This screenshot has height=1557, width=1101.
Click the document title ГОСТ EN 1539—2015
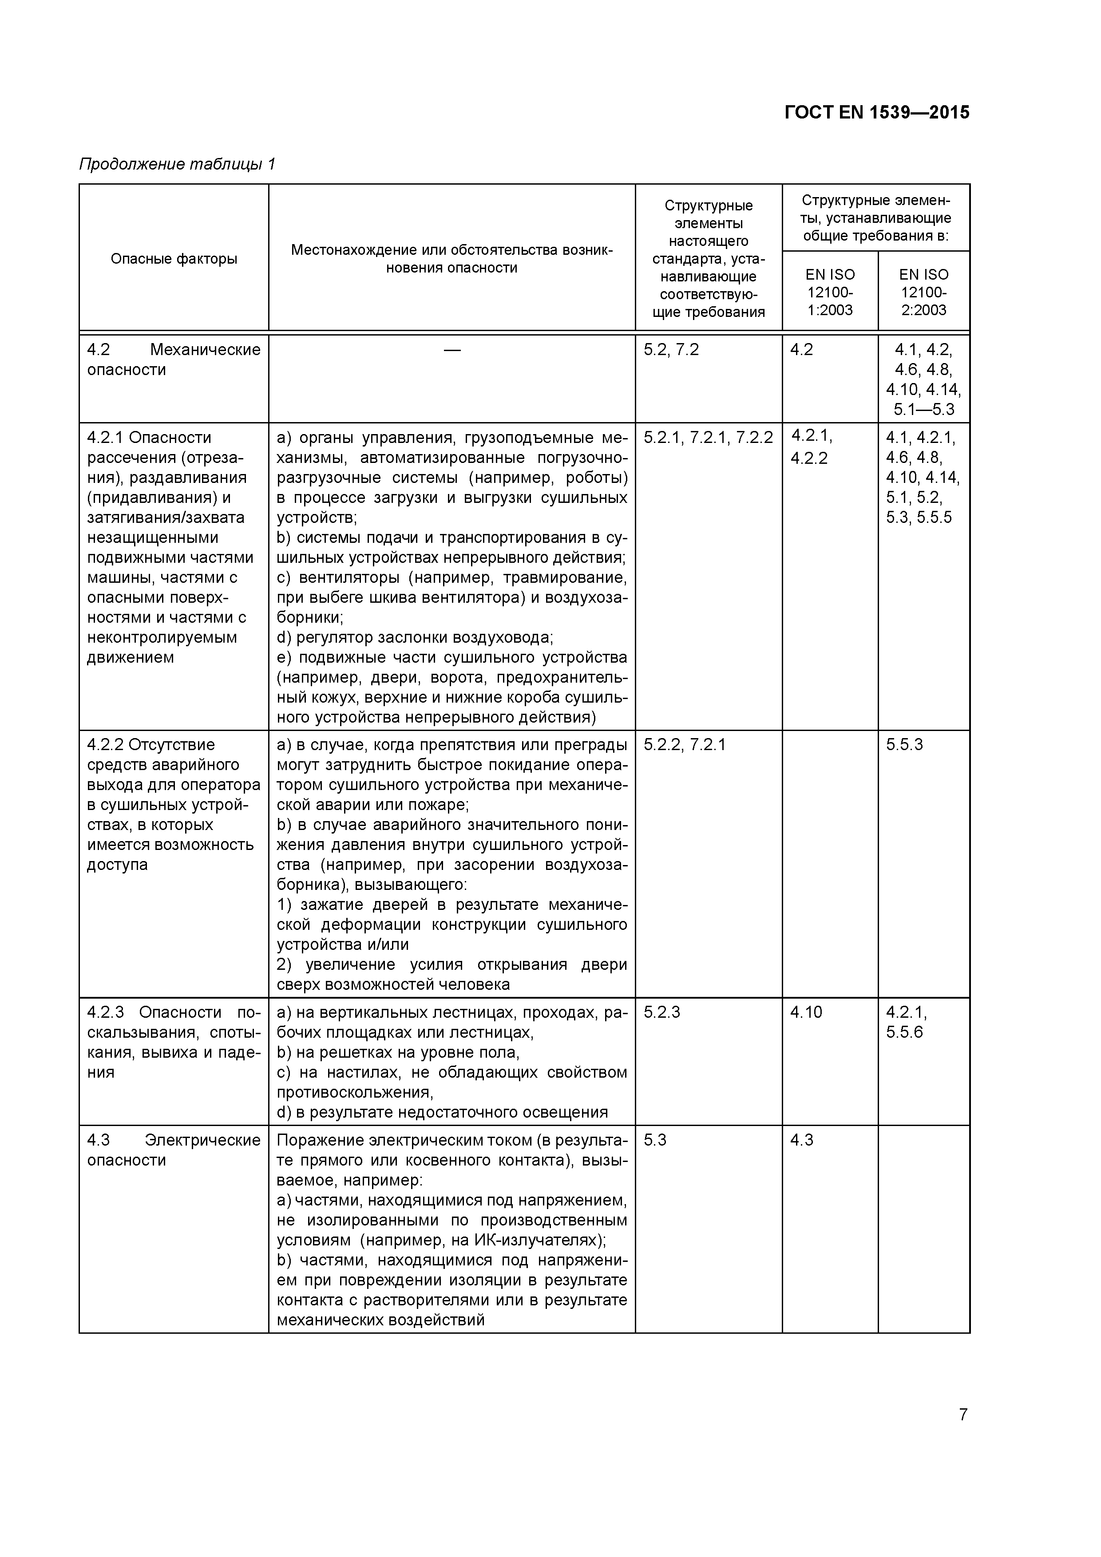[876, 113]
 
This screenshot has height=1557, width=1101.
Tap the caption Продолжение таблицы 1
[177, 164]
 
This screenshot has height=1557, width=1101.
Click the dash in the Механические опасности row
[452, 350]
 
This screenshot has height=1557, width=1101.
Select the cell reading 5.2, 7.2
[671, 350]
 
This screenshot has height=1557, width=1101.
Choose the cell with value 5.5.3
[904, 745]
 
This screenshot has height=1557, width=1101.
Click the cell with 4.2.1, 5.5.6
[906, 1023]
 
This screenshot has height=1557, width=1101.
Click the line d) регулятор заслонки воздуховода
[415, 637]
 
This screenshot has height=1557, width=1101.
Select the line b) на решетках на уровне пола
[398, 1052]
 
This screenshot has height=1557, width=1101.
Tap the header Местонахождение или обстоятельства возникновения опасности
[452, 258]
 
